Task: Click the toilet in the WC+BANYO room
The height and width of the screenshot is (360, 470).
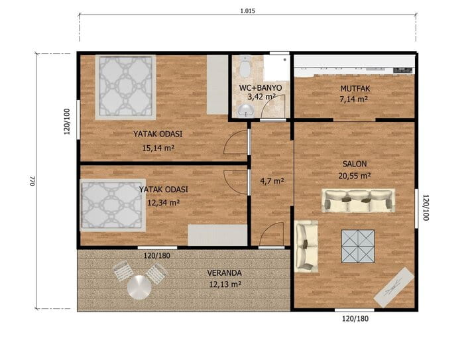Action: (245, 66)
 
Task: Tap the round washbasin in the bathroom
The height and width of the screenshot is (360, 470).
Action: (245, 111)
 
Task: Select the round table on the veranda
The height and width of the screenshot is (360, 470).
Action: (139, 288)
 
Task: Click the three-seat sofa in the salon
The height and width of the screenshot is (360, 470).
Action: (358, 200)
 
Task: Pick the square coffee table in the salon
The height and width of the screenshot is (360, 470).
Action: (358, 247)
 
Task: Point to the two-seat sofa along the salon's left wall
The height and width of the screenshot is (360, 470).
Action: (306, 247)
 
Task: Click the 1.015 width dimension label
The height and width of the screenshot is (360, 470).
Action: (247, 11)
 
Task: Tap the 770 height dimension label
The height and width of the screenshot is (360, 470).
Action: (32, 181)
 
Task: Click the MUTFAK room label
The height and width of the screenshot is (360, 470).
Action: (355, 89)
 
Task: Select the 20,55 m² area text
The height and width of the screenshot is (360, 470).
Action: (355, 176)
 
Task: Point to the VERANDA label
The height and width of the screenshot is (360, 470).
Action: (225, 273)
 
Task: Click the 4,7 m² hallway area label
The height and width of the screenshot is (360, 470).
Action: (272, 181)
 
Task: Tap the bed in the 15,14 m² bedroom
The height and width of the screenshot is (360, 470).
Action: (125, 88)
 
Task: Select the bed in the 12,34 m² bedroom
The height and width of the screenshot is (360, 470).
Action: (113, 206)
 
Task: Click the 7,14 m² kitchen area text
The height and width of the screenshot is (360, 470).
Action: (354, 99)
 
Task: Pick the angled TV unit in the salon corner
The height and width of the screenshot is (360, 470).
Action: (394, 288)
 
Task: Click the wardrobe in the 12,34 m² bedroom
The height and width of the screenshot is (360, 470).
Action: (217, 235)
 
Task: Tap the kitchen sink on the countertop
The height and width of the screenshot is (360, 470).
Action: (403, 70)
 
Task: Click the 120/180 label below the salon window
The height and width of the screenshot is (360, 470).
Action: (355, 319)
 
